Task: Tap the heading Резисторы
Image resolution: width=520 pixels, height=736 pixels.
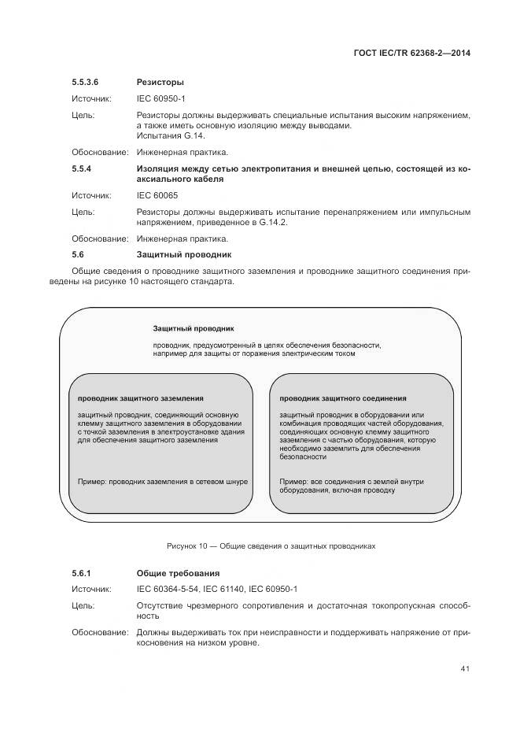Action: pos(160,82)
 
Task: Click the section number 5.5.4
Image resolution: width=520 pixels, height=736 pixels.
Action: pos(82,168)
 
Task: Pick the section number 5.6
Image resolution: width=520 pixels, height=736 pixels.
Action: pos(77,255)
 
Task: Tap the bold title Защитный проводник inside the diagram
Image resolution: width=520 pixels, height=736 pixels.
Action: pos(193,327)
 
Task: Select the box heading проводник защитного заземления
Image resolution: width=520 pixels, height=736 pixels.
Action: pos(140,398)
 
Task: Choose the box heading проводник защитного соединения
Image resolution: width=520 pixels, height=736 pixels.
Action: pos(342,398)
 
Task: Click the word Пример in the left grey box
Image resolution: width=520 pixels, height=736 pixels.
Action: pos(91,480)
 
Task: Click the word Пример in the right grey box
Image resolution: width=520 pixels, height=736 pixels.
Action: pos(293,480)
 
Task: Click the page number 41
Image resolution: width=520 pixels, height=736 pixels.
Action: pos(465,670)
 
